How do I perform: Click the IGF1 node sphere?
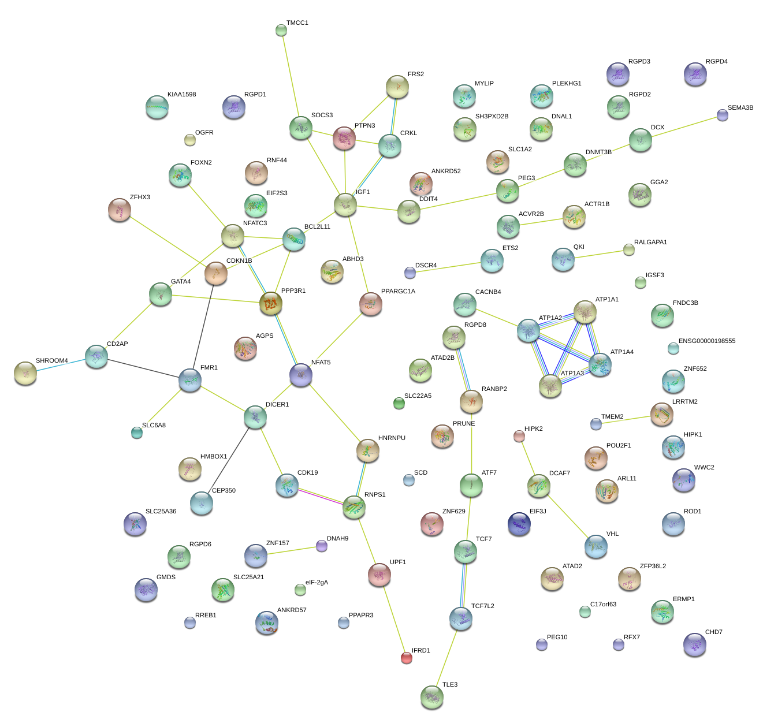[x=345, y=204]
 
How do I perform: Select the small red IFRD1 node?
[x=407, y=657]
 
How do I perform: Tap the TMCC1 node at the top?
[x=281, y=30]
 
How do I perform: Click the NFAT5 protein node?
[x=301, y=375]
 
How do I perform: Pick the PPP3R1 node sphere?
[x=270, y=303]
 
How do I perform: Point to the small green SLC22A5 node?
[x=399, y=403]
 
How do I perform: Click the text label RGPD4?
[x=716, y=62]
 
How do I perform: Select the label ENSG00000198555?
[x=706, y=341]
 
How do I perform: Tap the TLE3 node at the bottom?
[x=432, y=697]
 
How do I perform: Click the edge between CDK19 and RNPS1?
[x=320, y=496]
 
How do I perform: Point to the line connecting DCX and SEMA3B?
[x=682, y=128]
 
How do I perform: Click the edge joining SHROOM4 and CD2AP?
[x=61, y=366]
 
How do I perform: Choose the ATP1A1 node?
[x=585, y=312]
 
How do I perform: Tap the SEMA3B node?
[x=723, y=115]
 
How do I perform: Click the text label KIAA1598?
[x=181, y=95]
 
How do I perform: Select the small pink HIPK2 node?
[x=519, y=436]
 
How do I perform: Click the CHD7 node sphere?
[x=694, y=644]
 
